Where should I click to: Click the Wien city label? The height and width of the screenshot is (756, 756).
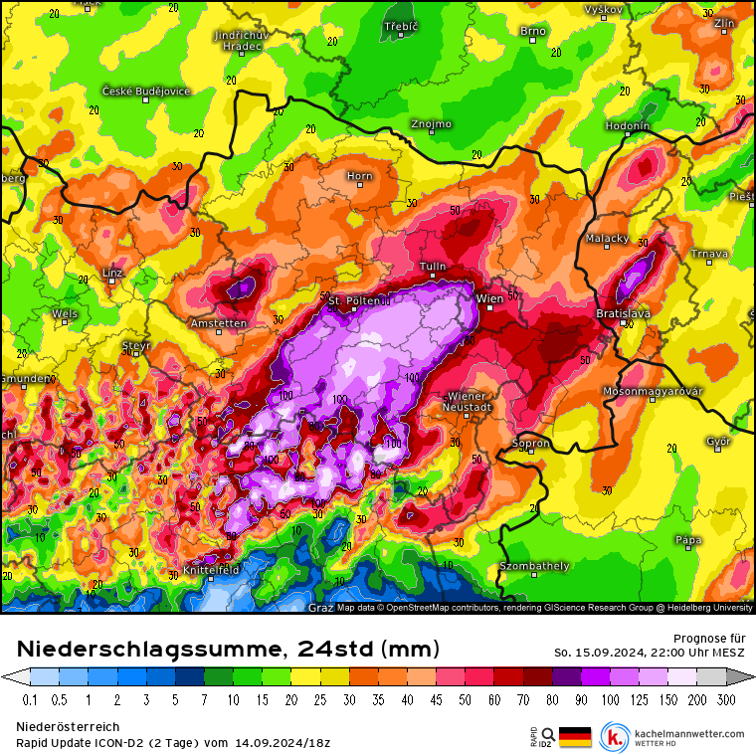tap(490, 297)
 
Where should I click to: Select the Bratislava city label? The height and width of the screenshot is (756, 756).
tap(623, 312)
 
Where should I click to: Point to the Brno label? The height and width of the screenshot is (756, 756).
tap(533, 31)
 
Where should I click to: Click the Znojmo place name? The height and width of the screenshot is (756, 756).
tap(431, 124)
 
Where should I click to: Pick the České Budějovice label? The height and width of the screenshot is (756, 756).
tap(145, 91)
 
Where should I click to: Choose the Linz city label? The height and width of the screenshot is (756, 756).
tap(112, 272)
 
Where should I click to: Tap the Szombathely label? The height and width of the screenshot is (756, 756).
tap(535, 566)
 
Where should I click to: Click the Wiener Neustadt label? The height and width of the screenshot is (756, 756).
tap(469, 401)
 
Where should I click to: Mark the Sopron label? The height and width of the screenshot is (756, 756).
tap(531, 443)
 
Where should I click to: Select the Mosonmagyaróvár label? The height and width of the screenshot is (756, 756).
tap(653, 391)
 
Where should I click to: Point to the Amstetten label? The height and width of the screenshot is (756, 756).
tap(219, 323)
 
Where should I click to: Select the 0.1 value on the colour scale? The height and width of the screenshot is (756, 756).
tap(30, 700)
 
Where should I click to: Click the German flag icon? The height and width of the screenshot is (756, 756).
tap(575, 736)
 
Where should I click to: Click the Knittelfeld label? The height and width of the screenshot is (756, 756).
tap(211, 570)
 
